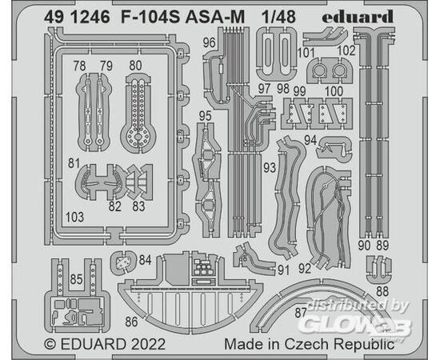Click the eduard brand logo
[358, 17]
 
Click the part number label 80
[135, 66]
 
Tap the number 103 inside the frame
[74, 217]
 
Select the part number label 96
[210, 43]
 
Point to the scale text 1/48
[278, 17]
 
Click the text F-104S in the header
[150, 17]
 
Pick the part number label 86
[131, 322]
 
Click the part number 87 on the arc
[301, 313]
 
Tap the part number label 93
[270, 167]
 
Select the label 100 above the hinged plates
[334, 91]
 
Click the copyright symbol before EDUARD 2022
[50, 344]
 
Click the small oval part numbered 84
[123, 262]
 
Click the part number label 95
[205, 116]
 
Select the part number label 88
[382, 291]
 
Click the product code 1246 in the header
[90, 17]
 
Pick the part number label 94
[310, 140]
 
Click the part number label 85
[77, 279]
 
